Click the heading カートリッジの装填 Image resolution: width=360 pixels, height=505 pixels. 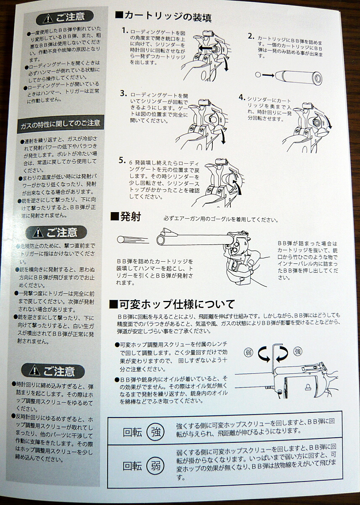pos(163,17)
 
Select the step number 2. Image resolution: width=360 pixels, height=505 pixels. pos(251,36)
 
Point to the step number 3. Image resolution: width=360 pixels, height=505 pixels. pos(124,93)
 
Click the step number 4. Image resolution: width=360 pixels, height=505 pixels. pos(242,97)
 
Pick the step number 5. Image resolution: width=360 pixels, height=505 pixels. pos(122,160)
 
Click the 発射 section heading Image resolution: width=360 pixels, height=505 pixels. pos(126,217)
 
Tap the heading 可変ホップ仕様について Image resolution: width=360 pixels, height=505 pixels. pos(172,304)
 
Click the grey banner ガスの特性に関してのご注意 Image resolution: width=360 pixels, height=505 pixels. pos(61,124)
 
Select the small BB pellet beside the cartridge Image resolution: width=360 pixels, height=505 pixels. pos(258,74)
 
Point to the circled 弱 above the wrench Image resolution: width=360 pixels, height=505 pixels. pos(249,352)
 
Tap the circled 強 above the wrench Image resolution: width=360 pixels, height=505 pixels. pos(298,351)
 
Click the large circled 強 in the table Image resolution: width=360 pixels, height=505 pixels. pos(156,432)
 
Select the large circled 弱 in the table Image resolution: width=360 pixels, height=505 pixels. pos(156,466)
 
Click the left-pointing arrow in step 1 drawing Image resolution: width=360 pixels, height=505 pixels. pos(206,48)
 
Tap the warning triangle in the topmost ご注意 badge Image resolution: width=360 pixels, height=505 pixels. pos(48,19)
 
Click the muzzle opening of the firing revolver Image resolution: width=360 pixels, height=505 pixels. pos(161,240)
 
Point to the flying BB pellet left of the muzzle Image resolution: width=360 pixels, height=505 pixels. pos(121,239)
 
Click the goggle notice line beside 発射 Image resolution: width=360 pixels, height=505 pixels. pos(221,219)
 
